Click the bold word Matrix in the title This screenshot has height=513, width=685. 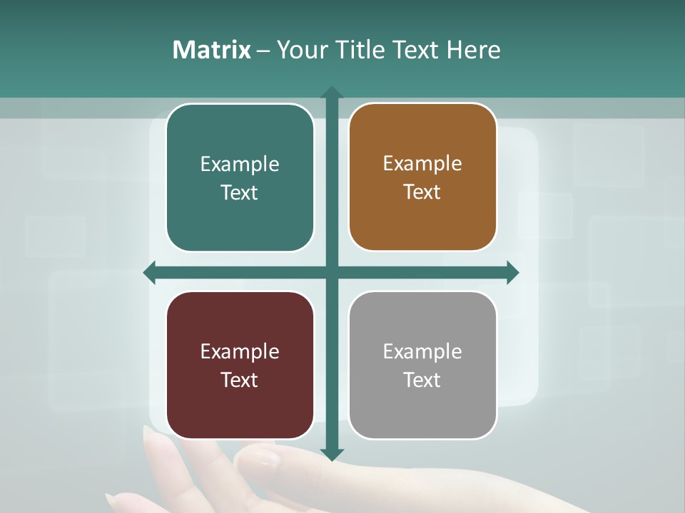(212, 50)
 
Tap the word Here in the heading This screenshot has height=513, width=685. (473, 50)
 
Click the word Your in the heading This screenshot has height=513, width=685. (299, 50)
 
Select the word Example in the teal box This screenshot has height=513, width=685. (240, 165)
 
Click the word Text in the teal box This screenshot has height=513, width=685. (240, 193)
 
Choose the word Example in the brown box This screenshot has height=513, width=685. (422, 164)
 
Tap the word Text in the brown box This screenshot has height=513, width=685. (422, 192)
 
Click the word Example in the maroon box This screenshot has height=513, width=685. (240, 352)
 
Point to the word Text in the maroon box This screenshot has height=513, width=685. (240, 380)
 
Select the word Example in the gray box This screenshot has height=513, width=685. (422, 352)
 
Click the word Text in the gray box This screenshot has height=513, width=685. (422, 380)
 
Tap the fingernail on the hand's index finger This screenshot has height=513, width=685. (265, 456)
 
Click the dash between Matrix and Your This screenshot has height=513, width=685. (263, 51)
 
